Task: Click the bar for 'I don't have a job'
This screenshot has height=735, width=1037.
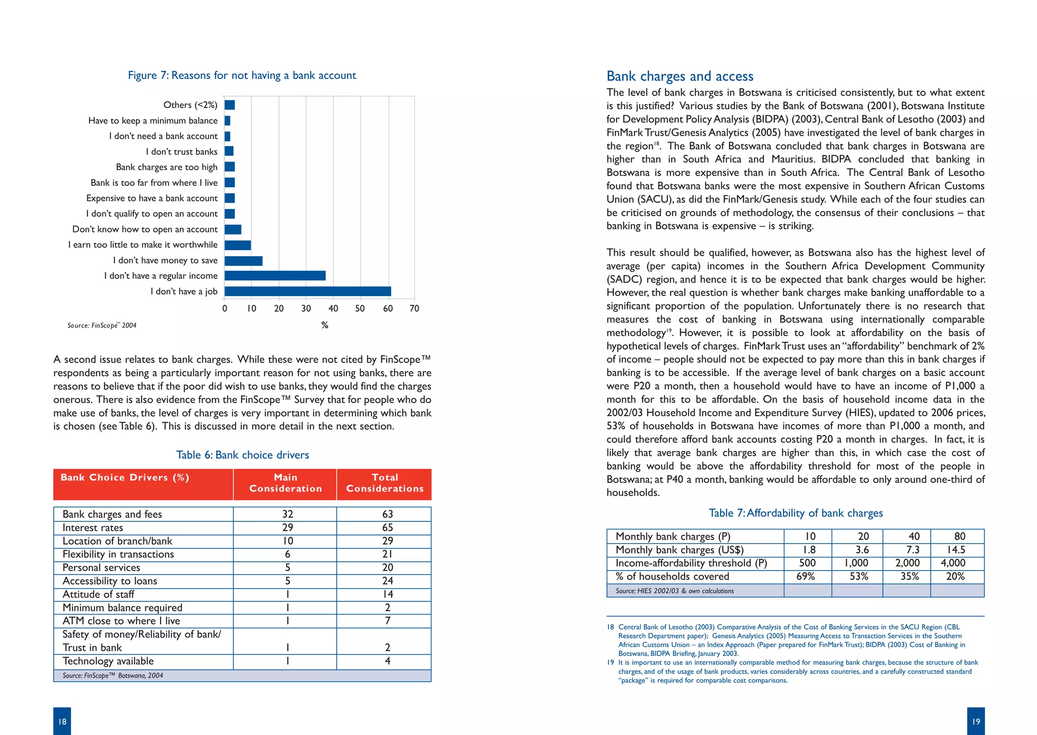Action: coord(307,292)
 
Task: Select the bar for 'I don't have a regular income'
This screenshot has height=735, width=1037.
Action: coord(275,276)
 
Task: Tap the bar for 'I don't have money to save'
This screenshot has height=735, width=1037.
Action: coord(243,261)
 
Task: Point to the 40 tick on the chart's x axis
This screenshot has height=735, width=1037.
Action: coord(333,308)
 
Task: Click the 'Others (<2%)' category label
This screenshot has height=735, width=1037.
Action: coord(190,105)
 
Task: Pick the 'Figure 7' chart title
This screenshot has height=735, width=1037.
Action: coord(242,75)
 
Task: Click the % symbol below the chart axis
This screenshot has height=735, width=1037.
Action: coord(325,325)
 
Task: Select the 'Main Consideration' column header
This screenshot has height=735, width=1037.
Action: coord(285,483)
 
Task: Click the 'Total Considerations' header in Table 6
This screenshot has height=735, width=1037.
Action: coord(384,483)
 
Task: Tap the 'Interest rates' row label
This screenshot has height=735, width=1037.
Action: coord(93,527)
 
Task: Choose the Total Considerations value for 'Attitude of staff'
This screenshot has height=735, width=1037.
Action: coord(387,594)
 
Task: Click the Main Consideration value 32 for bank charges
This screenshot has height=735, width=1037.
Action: coord(287,514)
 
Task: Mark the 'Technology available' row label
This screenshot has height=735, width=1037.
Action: coord(108,661)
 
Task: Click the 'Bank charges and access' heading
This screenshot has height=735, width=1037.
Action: coord(680,76)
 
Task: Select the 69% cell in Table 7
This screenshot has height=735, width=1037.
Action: coord(805,577)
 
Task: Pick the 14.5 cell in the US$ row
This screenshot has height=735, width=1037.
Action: coord(955,550)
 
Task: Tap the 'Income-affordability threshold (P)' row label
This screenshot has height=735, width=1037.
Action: coord(691,563)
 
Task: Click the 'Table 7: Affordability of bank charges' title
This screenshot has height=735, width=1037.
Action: coord(795,513)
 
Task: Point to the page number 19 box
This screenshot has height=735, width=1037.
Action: coord(975,721)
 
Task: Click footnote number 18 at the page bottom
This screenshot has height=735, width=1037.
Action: coord(610,627)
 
